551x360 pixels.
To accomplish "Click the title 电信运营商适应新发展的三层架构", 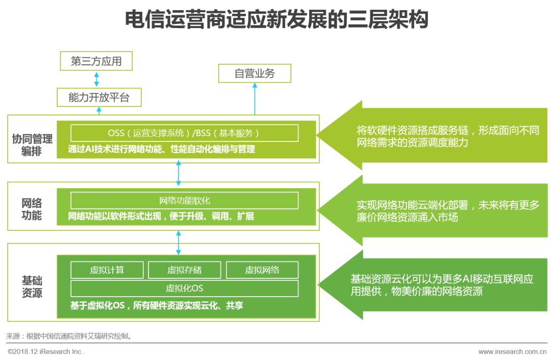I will click(x=276, y=20).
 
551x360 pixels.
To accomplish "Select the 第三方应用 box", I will click(x=96, y=61).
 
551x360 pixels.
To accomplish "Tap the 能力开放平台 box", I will click(x=98, y=97).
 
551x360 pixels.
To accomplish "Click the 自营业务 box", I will click(x=255, y=73).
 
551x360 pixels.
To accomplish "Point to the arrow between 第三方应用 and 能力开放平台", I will click(x=96, y=79).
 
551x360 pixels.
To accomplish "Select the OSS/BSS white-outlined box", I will click(x=184, y=133).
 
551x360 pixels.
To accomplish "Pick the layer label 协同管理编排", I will click(x=32, y=145).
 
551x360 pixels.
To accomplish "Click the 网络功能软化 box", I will click(x=184, y=201).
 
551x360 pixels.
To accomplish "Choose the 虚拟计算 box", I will click(x=107, y=270).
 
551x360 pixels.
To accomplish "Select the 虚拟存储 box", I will click(x=184, y=270).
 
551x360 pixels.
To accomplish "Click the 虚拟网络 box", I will click(x=262, y=270).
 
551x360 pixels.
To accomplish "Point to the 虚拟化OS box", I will click(x=184, y=288).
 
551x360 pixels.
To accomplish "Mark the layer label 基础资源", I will click(x=32, y=287).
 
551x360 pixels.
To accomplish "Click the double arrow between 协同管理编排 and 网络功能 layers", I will click(x=178, y=173).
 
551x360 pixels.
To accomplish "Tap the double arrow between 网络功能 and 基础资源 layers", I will click(x=178, y=242).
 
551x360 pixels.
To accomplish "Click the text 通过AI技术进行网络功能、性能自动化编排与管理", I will click(x=162, y=150).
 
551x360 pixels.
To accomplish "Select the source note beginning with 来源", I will click(x=69, y=336).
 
